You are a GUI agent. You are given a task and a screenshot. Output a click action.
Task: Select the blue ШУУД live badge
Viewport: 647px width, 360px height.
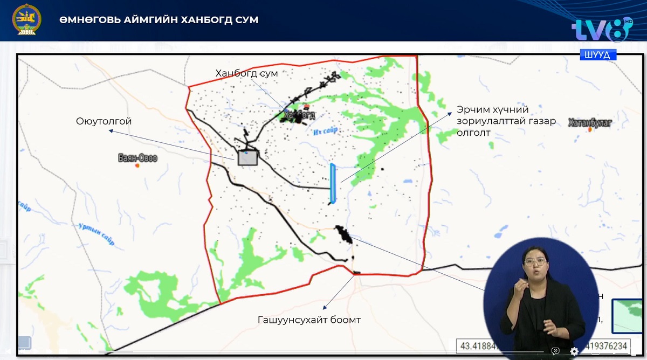pos(598,55)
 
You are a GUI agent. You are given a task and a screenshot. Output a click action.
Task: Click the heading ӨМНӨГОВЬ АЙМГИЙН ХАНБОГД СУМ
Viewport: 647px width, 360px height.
pos(159,20)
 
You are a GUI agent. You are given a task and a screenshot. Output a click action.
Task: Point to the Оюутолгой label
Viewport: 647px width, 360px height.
pos(104,122)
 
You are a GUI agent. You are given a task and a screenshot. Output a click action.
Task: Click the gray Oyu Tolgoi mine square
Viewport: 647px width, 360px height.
pos(247,157)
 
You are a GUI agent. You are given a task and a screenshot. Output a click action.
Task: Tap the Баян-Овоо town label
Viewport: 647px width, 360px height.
pos(137,158)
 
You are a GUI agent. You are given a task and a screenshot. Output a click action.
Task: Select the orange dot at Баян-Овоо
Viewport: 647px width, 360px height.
pos(137,165)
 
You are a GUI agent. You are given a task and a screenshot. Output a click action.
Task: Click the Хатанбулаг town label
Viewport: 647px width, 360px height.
pos(590,122)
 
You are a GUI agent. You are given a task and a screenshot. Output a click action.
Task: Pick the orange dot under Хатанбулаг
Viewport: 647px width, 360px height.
pos(591,130)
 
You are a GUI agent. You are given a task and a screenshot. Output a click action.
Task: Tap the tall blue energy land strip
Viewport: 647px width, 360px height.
pos(333,183)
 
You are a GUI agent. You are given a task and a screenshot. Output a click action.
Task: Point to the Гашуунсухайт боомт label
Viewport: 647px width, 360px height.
pos(309,320)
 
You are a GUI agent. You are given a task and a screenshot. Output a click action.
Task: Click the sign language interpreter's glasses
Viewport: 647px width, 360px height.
pos(535,261)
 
